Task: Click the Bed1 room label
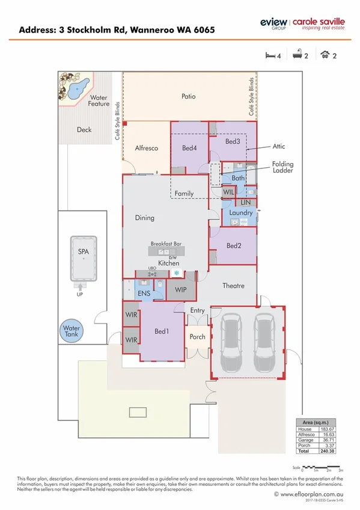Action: (161, 331)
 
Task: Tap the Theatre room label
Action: (233, 285)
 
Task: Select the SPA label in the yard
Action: (83, 253)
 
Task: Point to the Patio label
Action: (189, 96)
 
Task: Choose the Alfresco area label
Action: (146, 147)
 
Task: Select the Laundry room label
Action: (241, 213)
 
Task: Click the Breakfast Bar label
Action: (165, 244)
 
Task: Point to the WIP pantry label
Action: (181, 290)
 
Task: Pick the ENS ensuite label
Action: (143, 293)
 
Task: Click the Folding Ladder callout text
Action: (282, 167)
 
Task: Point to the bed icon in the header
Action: (270, 56)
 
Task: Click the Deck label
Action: (84, 129)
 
